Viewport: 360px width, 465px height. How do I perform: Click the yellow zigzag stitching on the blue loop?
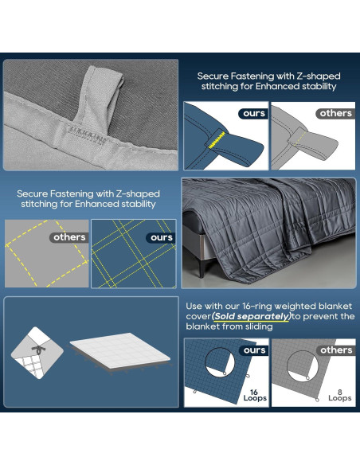(x=217, y=139)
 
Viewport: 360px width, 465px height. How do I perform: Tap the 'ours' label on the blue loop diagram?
(x=254, y=113)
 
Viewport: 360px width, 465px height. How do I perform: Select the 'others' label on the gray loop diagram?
(x=335, y=113)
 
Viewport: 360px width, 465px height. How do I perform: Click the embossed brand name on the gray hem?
(x=86, y=135)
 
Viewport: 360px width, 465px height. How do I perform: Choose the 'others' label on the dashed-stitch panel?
(x=69, y=237)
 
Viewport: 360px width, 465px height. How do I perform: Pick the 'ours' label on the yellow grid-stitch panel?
(x=162, y=237)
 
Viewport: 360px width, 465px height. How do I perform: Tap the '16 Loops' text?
(x=255, y=395)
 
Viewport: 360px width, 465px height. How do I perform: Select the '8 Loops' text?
(x=340, y=395)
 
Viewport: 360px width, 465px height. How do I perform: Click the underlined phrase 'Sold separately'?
(x=252, y=316)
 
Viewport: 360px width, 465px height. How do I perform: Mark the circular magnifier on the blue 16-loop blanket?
(x=220, y=363)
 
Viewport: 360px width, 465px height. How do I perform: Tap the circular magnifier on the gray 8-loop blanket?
(x=303, y=366)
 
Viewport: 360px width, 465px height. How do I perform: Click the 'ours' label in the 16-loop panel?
(x=254, y=350)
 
